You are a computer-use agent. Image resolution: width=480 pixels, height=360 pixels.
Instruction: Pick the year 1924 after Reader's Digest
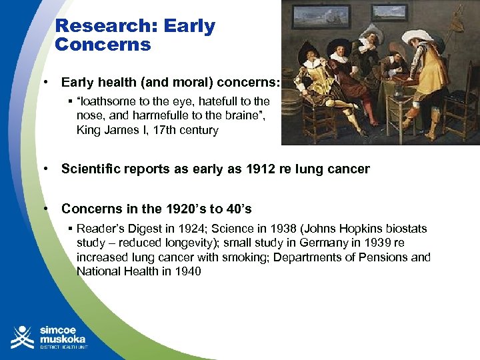coord(187,229)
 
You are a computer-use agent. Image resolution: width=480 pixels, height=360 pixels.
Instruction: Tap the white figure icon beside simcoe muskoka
coord(21,337)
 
